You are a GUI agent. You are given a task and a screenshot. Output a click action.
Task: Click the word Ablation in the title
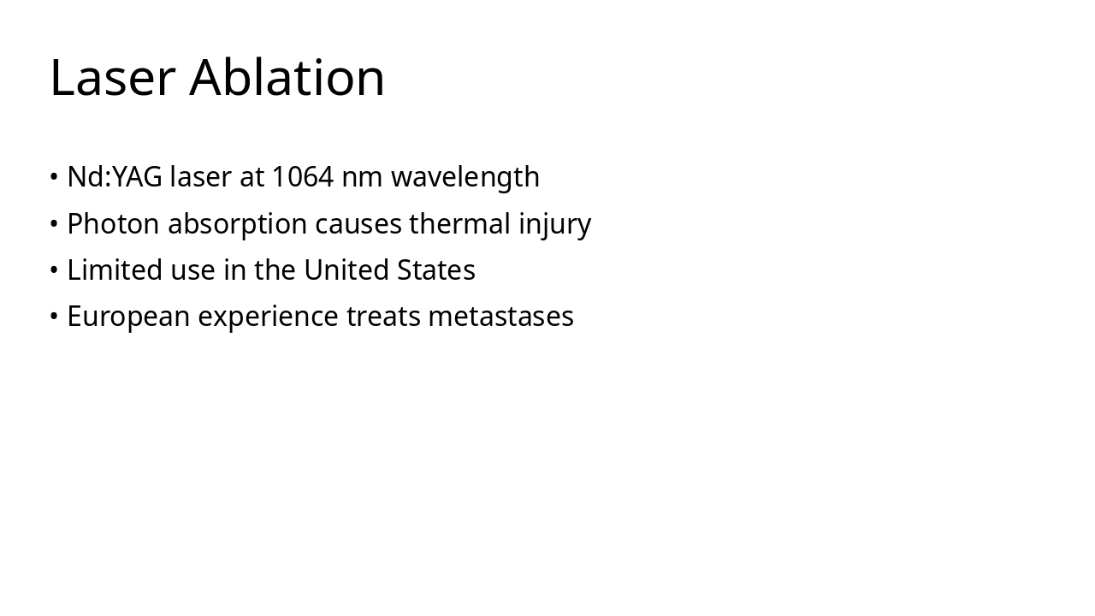point(287,78)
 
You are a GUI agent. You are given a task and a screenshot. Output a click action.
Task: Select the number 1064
point(302,177)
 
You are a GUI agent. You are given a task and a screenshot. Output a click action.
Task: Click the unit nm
point(362,177)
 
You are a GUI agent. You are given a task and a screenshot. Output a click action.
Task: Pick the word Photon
point(113,224)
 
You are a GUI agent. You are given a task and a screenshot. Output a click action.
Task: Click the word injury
point(555,224)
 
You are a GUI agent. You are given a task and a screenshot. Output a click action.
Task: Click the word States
point(436,270)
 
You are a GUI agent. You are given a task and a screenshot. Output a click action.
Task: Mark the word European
point(129,317)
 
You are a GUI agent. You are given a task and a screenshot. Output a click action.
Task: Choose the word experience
point(269,317)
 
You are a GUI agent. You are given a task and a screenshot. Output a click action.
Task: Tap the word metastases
point(500,317)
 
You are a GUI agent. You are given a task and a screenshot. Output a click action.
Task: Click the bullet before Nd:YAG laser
point(54,178)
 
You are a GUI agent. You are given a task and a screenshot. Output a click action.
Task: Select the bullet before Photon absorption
point(54,224)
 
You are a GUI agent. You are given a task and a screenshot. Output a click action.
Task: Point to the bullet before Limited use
point(54,270)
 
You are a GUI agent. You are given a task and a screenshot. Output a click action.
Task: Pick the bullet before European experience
point(54,317)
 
